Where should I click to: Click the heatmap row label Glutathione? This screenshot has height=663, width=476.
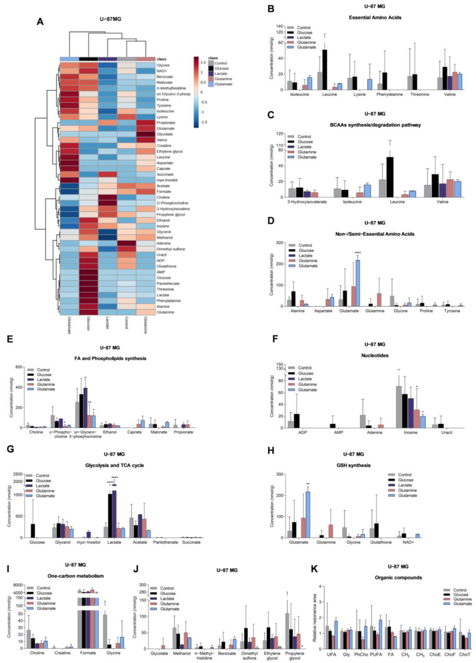click(166, 266)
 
